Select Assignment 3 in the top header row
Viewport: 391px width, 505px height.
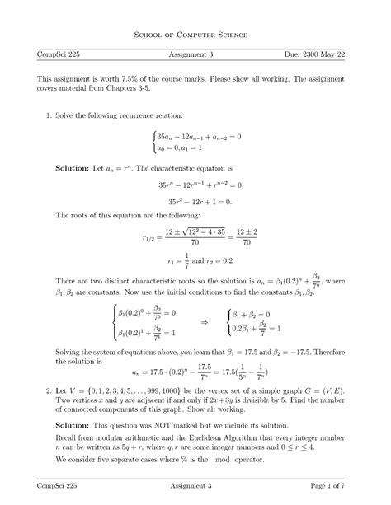(195, 54)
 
